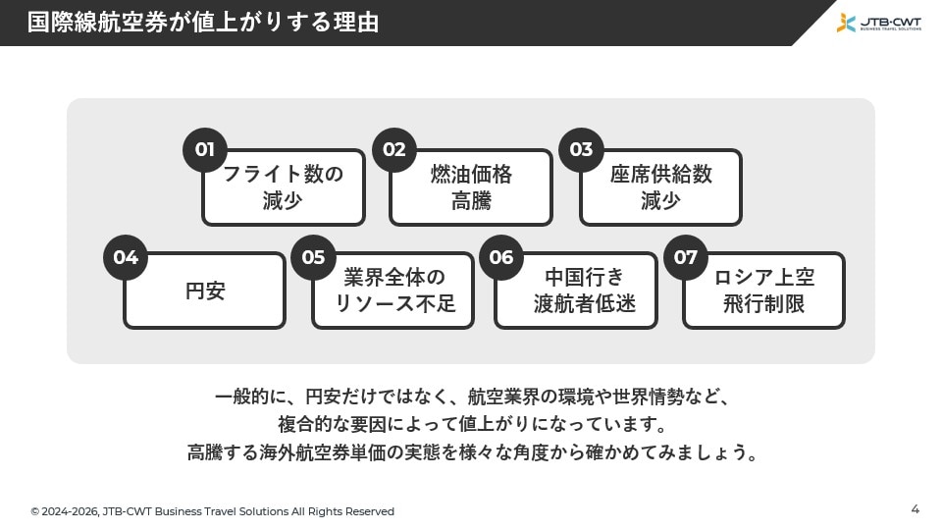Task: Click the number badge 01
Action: [205, 149]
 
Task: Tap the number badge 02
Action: [394, 149]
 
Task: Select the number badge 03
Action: [582, 149]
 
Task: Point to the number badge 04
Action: [126, 257]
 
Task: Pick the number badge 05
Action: [314, 257]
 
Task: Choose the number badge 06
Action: [501, 257]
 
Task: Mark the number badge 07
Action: [686, 257]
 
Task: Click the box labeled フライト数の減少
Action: [284, 187]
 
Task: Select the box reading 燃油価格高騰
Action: [471, 187]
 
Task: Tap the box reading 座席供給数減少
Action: [660, 187]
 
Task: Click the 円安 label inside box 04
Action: [205, 291]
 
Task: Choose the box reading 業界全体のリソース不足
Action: [392, 291]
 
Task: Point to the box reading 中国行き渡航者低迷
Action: [576, 291]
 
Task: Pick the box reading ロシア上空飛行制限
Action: [763, 291]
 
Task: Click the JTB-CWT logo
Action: [879, 23]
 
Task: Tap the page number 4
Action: [915, 509]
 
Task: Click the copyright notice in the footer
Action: [213, 511]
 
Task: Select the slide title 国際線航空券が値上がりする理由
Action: [203, 23]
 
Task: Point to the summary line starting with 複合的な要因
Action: [472, 424]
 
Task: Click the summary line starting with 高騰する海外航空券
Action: [472, 451]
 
